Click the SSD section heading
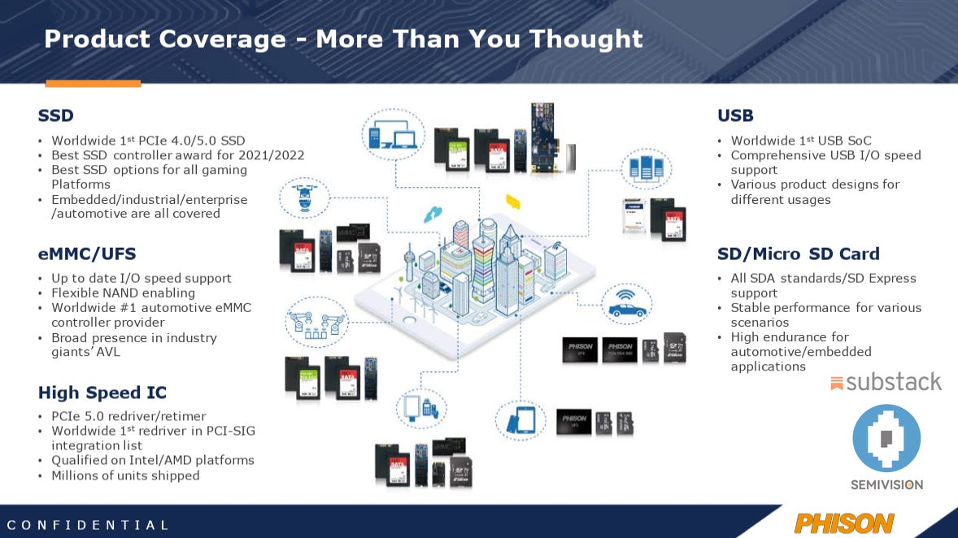tap(56, 115)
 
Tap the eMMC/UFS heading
tap(87, 254)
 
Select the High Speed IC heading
tap(102, 393)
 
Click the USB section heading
tap(735, 115)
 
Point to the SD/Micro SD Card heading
tap(799, 254)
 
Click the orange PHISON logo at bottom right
tap(844, 523)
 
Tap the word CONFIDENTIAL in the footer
tap(89, 525)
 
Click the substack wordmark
tap(886, 382)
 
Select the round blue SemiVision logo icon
tap(886, 438)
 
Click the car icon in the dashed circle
tap(627, 306)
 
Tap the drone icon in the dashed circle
tap(305, 199)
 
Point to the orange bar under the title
tap(93, 83)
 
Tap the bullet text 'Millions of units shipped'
tap(125, 475)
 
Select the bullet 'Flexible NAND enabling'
tap(123, 293)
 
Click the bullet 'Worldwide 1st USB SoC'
tap(800, 141)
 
